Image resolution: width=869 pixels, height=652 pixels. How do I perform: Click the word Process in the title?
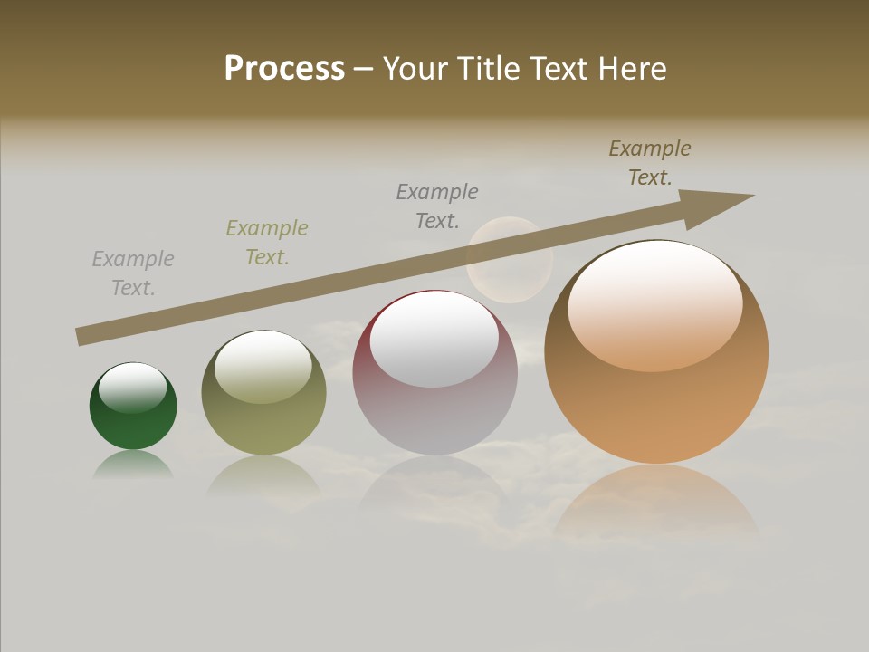(x=284, y=69)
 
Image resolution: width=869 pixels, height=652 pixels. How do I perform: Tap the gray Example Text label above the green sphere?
(x=133, y=273)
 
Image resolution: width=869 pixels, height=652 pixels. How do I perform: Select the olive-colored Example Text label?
(x=267, y=243)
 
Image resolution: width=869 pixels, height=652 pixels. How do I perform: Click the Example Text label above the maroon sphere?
(x=437, y=206)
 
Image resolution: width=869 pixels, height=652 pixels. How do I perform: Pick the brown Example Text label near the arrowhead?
(x=650, y=163)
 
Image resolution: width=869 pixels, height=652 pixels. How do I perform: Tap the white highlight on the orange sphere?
(x=654, y=303)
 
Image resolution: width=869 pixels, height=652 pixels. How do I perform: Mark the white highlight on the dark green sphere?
(x=132, y=388)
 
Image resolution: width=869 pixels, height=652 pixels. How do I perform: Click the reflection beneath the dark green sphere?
(x=133, y=464)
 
